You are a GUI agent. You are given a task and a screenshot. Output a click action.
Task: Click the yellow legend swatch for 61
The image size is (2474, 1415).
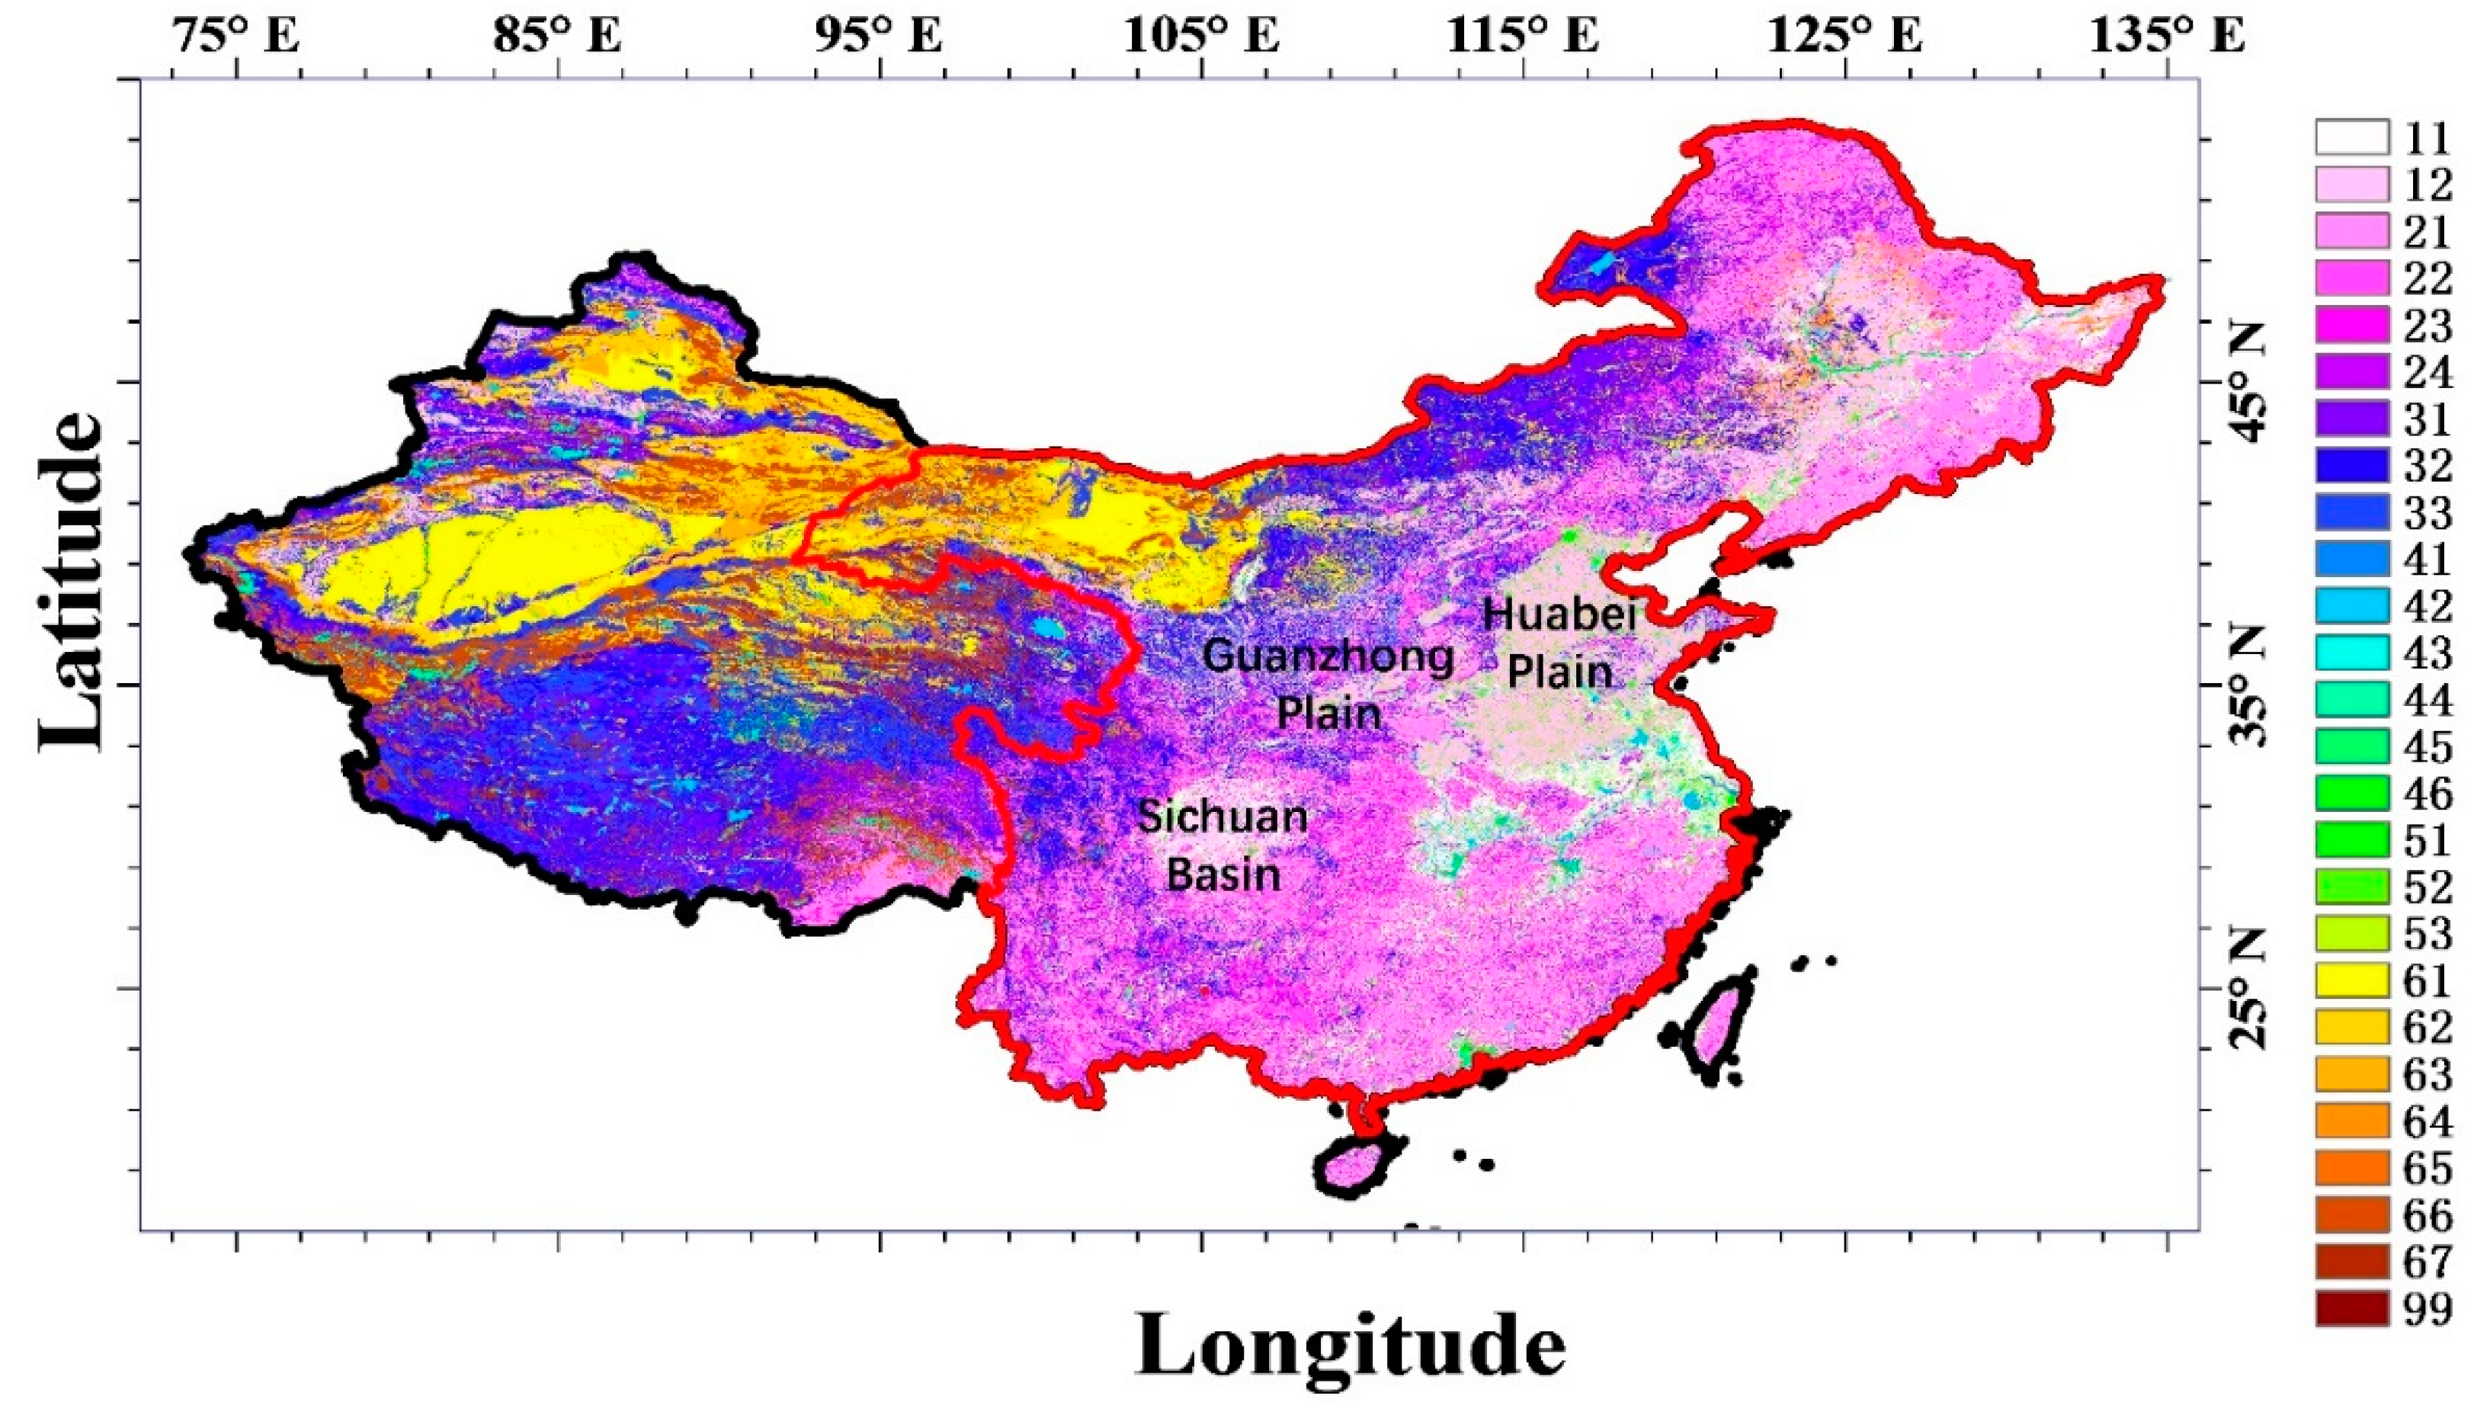click(x=2351, y=980)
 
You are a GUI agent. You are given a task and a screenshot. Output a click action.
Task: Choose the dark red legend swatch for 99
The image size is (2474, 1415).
click(x=2351, y=1308)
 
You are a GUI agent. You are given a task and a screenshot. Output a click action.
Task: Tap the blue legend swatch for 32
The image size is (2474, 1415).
click(x=2351, y=466)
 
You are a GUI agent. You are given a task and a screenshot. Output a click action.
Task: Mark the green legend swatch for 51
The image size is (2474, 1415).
click(x=2351, y=839)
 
